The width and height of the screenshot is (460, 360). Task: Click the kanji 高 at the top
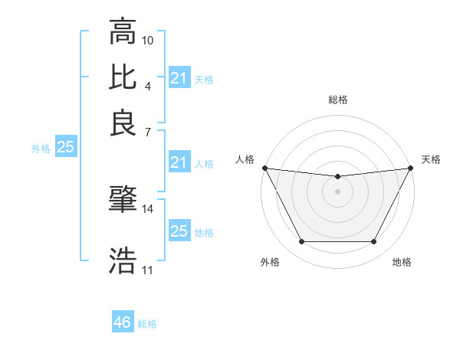(123, 32)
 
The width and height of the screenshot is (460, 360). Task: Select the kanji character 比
(123, 77)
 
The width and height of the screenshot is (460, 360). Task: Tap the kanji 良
(123, 122)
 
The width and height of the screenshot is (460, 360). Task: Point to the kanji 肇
(123, 200)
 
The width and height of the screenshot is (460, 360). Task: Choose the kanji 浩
(123, 260)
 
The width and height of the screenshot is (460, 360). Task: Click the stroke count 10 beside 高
(148, 40)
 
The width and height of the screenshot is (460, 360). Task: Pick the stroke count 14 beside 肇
(148, 208)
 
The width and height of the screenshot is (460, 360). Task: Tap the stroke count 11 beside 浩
(148, 270)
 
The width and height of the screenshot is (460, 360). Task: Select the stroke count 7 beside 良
(148, 131)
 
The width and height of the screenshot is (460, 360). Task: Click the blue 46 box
(123, 322)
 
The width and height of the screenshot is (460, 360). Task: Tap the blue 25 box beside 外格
(65, 148)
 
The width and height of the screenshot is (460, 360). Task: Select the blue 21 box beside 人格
(179, 162)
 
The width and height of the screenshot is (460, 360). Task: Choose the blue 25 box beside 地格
(179, 231)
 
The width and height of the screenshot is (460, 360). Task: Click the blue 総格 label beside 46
(147, 324)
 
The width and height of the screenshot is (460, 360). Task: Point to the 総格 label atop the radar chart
(337, 100)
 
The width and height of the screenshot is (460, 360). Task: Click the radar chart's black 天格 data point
(412, 168)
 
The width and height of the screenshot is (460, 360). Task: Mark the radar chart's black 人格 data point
(264, 168)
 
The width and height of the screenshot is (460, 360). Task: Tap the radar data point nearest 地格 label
(374, 242)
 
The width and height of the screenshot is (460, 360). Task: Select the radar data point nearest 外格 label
(301, 242)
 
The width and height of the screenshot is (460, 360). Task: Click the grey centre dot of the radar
(337, 191)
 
